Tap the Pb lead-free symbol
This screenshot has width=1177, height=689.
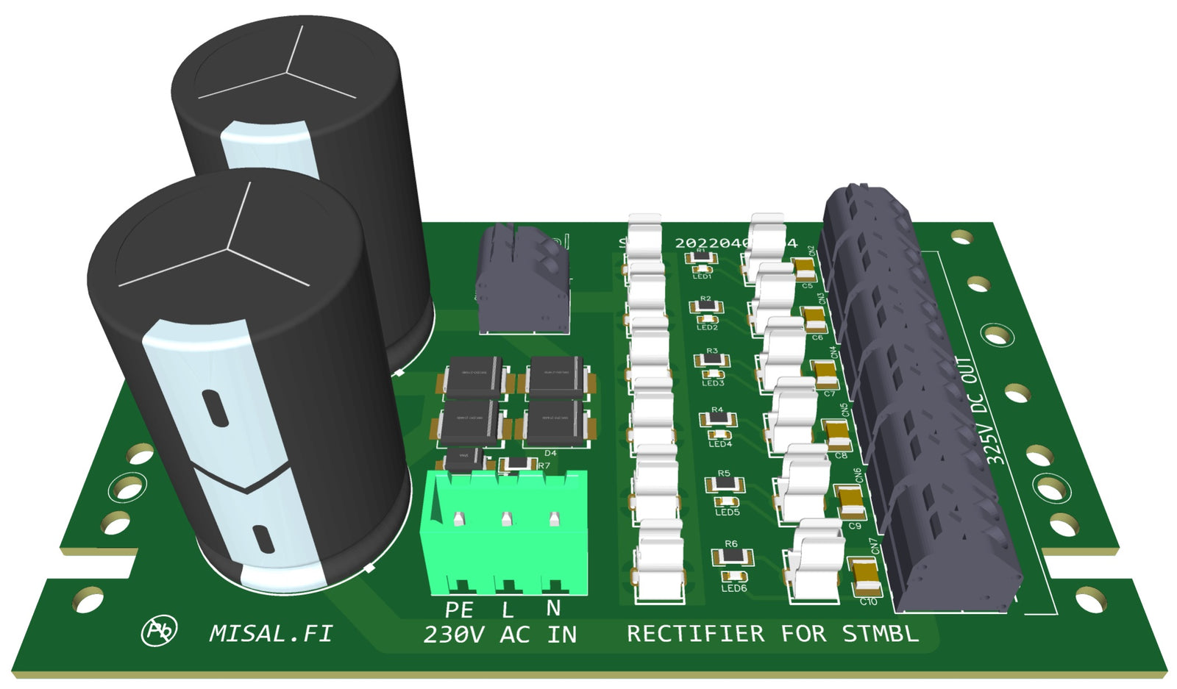159,631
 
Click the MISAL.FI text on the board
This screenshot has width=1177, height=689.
271,633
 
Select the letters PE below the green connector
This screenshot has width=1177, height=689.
459,610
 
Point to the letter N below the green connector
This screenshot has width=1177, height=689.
553,608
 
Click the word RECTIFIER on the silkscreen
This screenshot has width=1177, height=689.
695,634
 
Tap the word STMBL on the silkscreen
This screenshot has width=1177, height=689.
880,633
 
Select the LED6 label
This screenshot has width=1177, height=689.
733,588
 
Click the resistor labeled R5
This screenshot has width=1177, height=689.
725,485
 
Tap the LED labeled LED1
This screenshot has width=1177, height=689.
702,268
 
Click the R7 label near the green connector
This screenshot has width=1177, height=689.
544,466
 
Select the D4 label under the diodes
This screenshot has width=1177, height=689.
550,453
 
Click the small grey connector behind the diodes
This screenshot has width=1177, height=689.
522,283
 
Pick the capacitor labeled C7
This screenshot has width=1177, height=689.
824,374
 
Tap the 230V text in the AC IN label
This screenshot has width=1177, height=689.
454,635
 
